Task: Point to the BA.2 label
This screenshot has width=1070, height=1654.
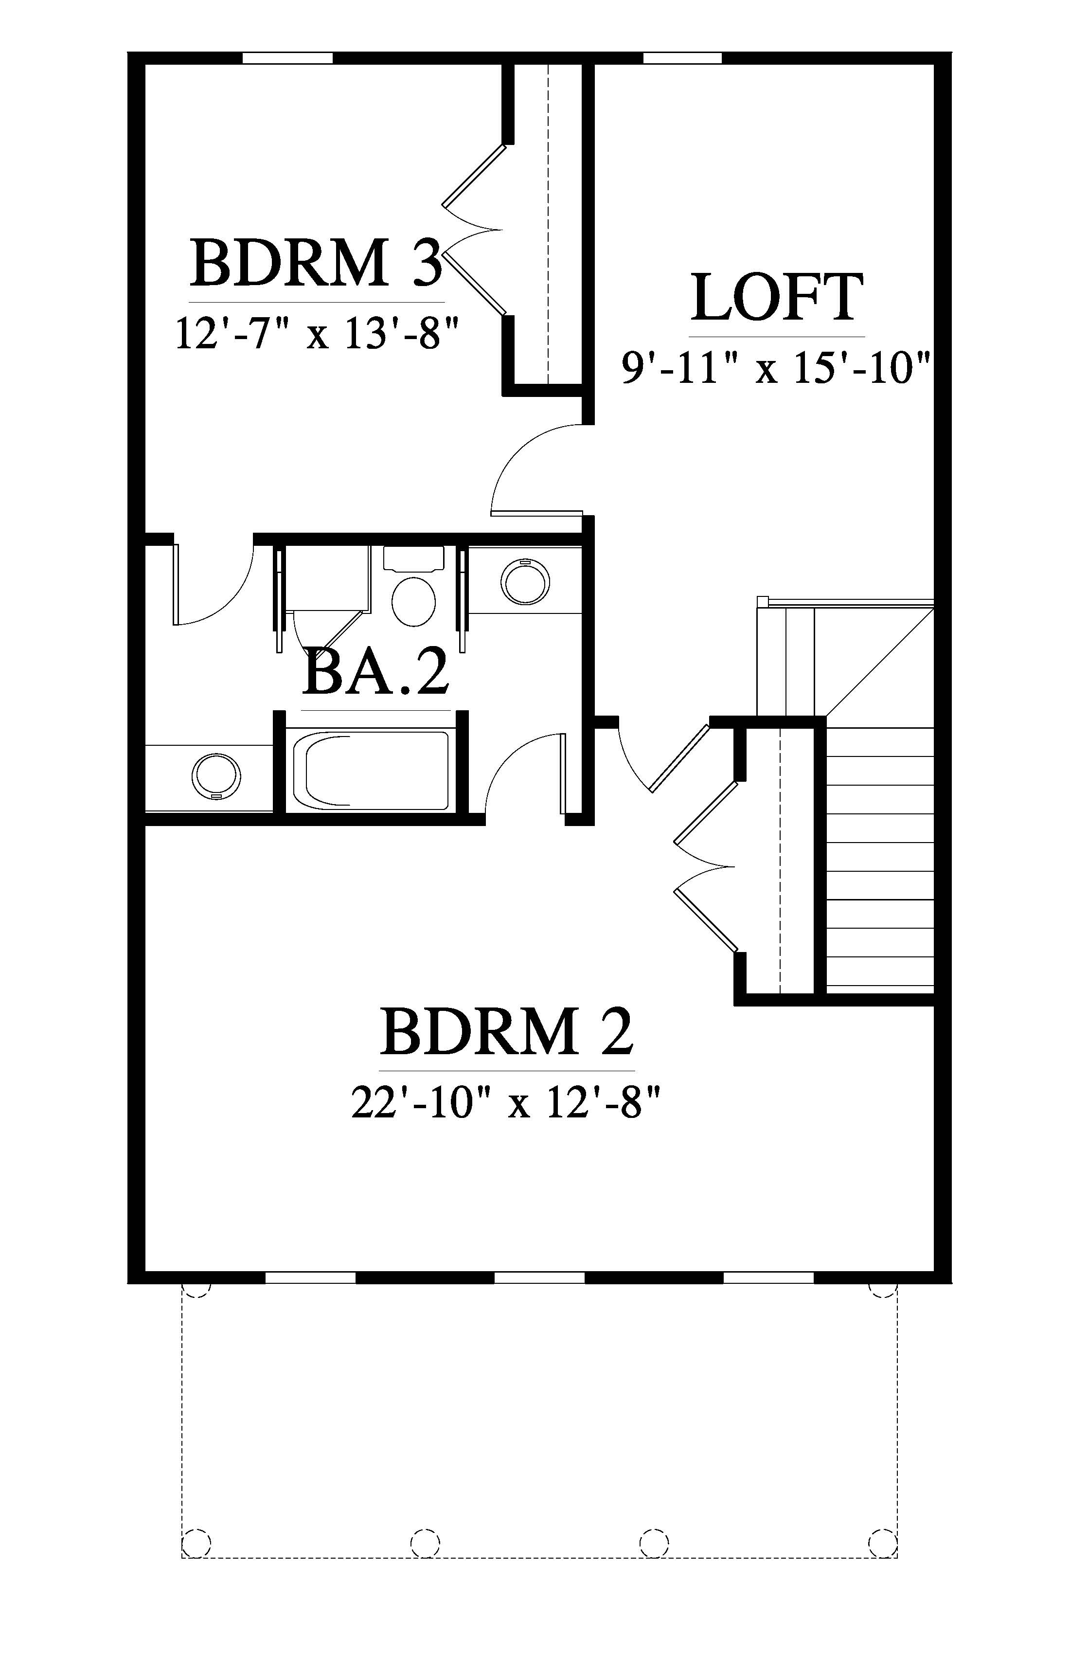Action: pyautogui.click(x=376, y=673)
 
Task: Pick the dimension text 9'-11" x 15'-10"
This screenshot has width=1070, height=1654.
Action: pyautogui.click(x=775, y=368)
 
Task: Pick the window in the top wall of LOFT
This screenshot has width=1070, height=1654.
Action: pyautogui.click(x=682, y=58)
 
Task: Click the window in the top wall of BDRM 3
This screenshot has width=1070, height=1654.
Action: pyautogui.click(x=287, y=58)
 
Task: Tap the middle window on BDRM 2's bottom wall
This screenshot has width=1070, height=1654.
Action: pyautogui.click(x=539, y=1277)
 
